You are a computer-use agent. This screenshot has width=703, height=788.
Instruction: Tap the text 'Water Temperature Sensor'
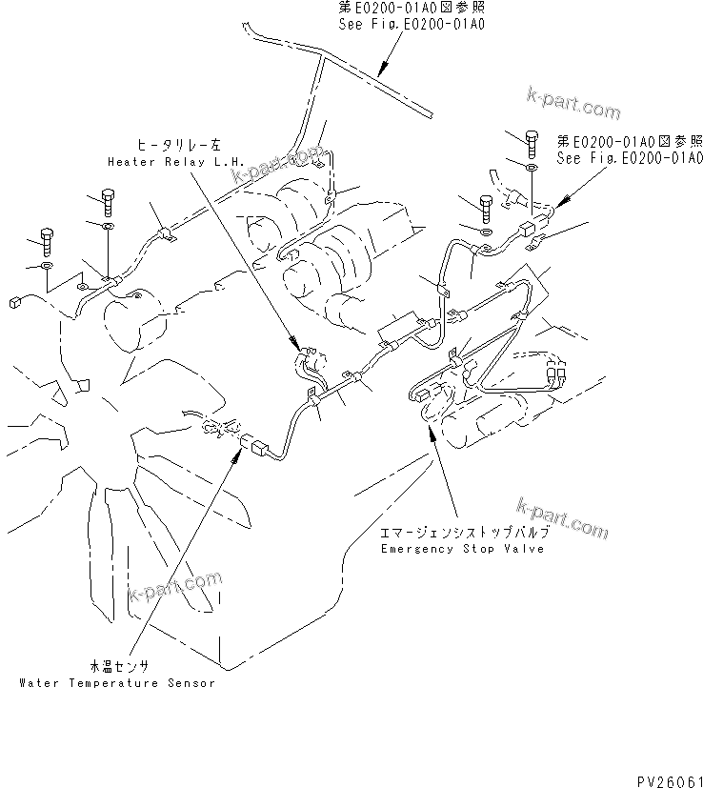(117, 683)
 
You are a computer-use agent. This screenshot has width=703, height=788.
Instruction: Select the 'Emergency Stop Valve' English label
(462, 550)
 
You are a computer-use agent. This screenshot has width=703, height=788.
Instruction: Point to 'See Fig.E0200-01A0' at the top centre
(411, 21)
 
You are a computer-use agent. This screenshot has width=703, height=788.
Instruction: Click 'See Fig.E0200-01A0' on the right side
(630, 158)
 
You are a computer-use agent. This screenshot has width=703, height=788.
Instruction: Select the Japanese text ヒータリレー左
(178, 146)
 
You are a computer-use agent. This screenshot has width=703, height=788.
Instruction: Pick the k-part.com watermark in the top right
(572, 102)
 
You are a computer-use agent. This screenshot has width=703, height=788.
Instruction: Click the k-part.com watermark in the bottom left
(173, 587)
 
